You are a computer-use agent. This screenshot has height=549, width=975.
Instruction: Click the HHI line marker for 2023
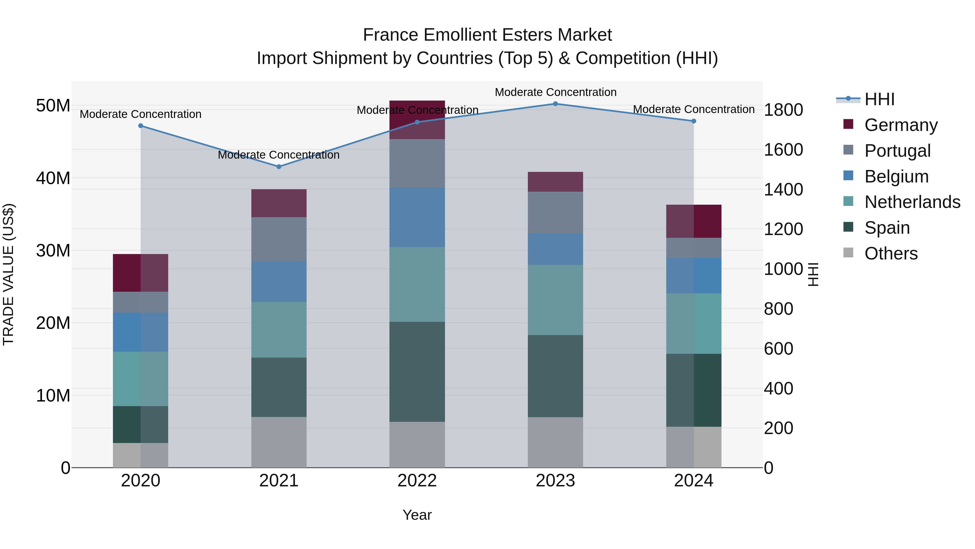[x=555, y=104]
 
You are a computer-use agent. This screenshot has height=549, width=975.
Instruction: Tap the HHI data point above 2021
[x=279, y=167]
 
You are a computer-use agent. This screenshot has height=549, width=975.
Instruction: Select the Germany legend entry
[x=901, y=125]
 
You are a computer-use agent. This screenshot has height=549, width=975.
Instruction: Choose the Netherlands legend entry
[x=912, y=202]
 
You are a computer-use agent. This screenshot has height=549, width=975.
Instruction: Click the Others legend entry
[x=891, y=253]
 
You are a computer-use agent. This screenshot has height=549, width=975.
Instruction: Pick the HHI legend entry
[x=879, y=99]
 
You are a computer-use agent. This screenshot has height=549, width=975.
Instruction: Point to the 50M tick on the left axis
[x=53, y=106]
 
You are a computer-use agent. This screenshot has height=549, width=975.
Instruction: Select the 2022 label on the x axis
[x=417, y=481]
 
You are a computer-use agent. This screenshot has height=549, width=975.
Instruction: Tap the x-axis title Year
[x=417, y=515]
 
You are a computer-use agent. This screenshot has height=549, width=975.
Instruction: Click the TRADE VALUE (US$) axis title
[x=8, y=274]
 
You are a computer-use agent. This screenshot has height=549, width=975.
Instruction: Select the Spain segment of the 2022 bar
[x=417, y=372]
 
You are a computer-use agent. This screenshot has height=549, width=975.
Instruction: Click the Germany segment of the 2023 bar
[x=555, y=182]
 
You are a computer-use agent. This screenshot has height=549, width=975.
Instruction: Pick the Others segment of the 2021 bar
[x=279, y=442]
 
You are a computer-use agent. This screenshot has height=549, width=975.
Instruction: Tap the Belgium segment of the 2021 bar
[x=279, y=281]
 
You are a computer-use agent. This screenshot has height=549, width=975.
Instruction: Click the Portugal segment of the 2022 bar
[x=417, y=163]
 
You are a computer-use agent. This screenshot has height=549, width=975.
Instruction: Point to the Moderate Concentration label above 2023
[x=555, y=92]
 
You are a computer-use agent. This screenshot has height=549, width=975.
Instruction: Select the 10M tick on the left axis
[x=53, y=396]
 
